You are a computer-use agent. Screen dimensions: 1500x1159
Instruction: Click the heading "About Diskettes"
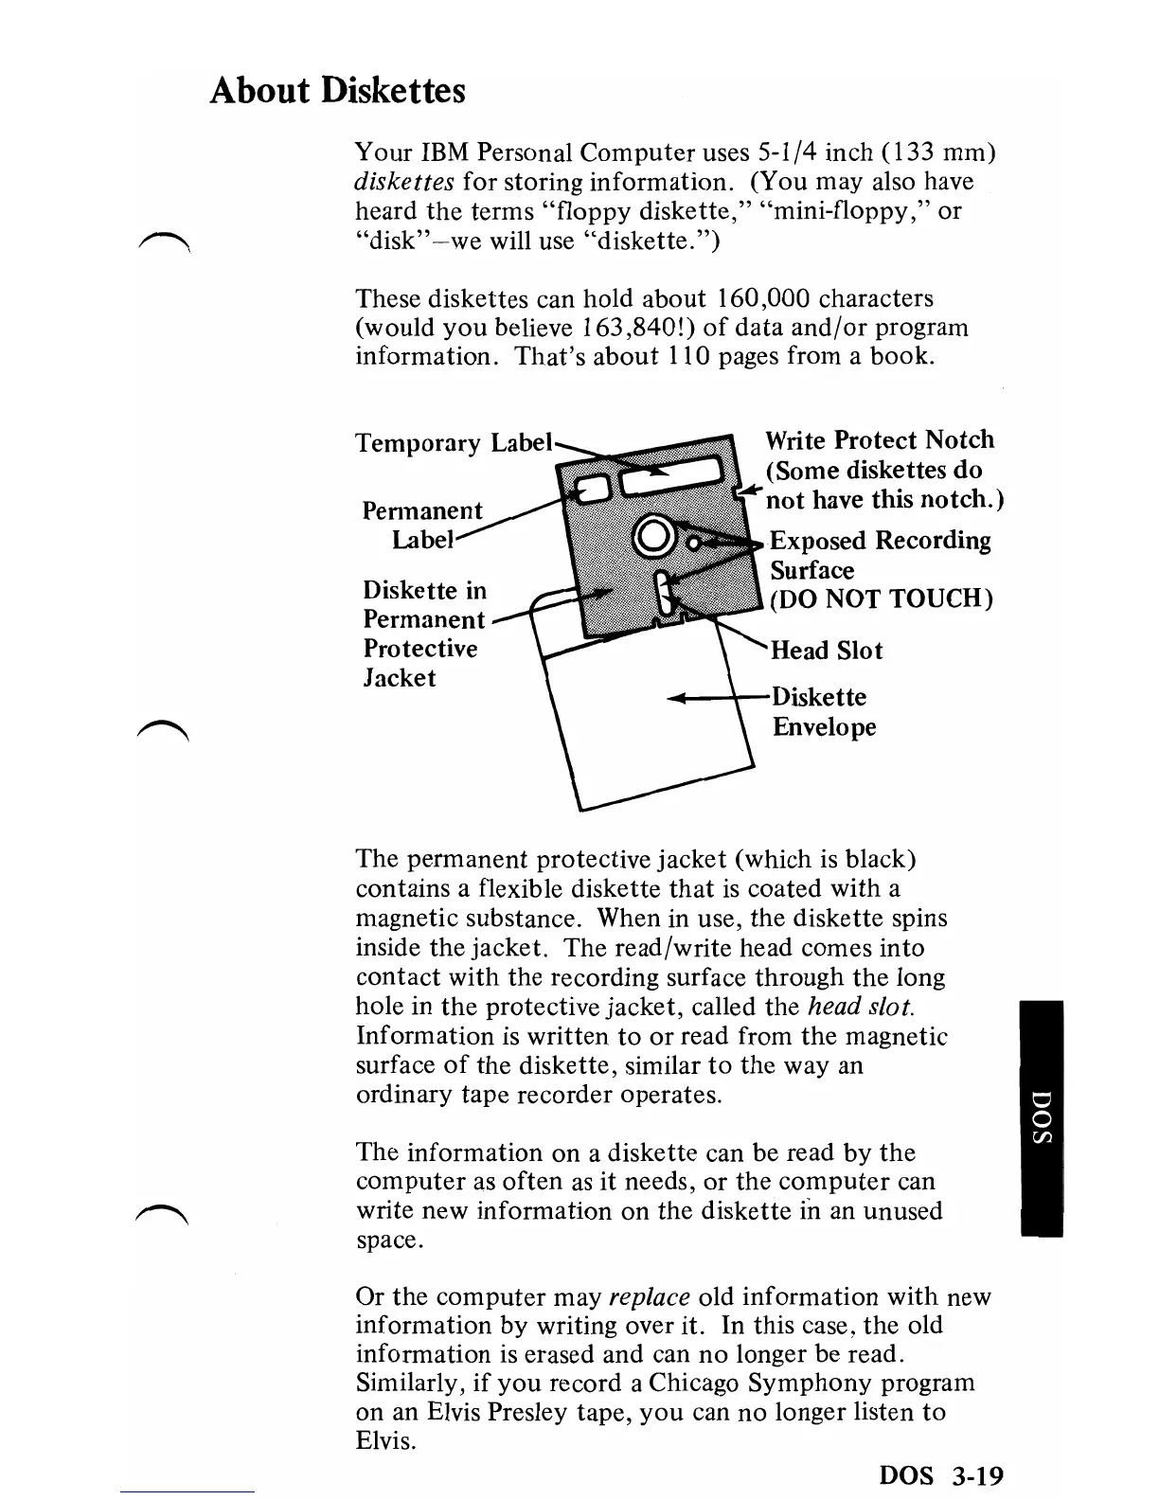[338, 91]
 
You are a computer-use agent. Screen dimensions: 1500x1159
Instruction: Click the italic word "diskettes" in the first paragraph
[406, 182]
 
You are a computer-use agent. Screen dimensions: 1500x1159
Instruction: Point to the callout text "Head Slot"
[826, 651]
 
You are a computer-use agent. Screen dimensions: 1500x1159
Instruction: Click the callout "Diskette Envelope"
[822, 712]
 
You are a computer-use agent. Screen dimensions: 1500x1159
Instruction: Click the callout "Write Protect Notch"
[879, 440]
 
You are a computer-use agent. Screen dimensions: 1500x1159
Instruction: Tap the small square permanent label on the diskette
[594, 487]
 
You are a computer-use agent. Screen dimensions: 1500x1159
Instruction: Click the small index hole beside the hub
[694, 544]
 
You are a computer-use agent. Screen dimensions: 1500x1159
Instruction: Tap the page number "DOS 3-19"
[940, 1475]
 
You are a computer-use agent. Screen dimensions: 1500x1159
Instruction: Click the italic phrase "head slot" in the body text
[861, 1007]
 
